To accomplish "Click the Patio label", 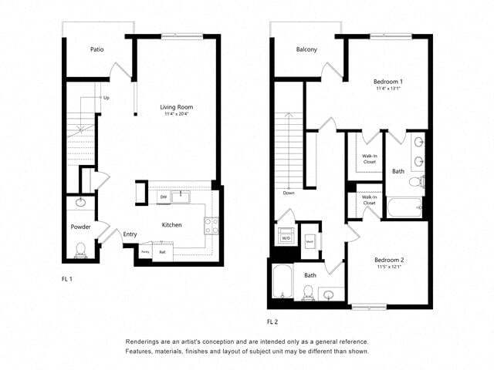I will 96,49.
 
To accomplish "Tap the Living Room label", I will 176,107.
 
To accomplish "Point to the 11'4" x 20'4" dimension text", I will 176,115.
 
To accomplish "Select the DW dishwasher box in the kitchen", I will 163,197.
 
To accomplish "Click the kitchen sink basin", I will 182,196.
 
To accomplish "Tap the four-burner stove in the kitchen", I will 211,225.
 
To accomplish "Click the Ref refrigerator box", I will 163,251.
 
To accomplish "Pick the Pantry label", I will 145,251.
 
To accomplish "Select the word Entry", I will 130,234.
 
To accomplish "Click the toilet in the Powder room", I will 82,248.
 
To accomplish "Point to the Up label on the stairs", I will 107,98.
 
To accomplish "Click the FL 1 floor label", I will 68,278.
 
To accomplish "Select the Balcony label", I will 306,50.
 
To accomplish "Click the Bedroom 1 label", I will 389,81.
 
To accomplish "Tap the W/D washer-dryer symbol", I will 286,237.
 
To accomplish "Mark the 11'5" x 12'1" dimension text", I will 389,268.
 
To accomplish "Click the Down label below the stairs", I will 288,193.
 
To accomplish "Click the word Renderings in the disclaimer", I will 147,341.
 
